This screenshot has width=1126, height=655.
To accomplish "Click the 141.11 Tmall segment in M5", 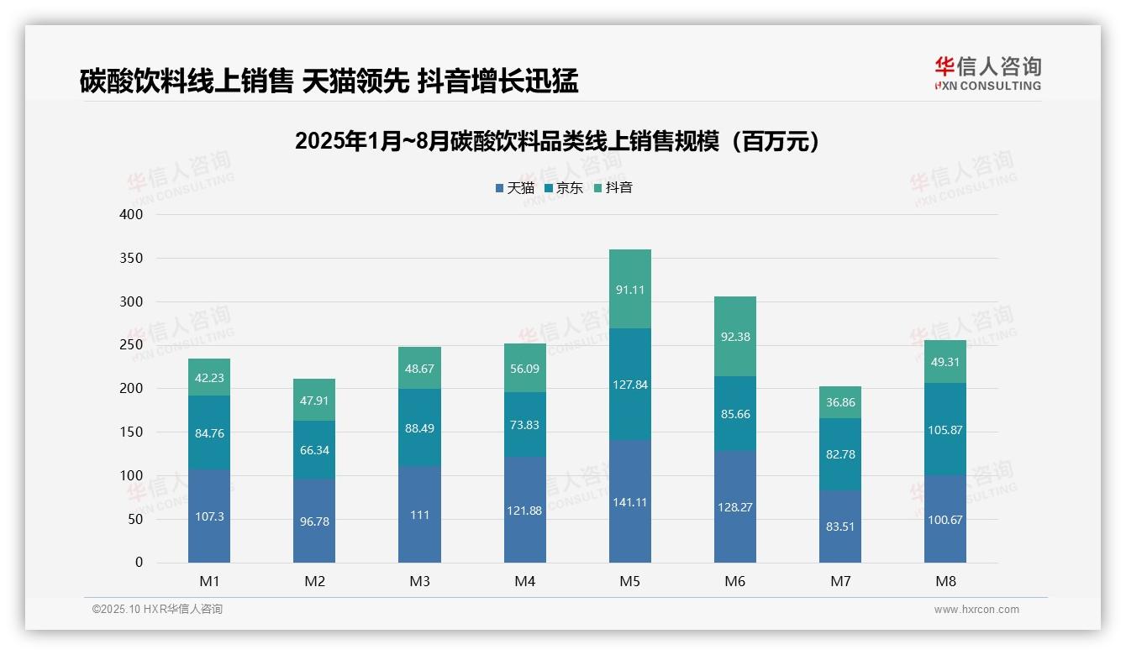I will pyautogui.click(x=629, y=502).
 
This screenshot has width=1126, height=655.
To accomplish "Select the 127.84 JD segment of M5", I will pyautogui.click(x=629, y=385).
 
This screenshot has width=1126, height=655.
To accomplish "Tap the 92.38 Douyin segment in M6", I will pyautogui.click(x=735, y=337).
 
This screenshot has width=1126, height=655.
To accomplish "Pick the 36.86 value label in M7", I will pyautogui.click(x=840, y=403).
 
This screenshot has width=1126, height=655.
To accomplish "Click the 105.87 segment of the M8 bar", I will pyautogui.click(x=945, y=430).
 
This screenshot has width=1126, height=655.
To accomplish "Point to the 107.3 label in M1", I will pyautogui.click(x=209, y=516).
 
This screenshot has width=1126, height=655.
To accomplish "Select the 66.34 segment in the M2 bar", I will pyautogui.click(x=314, y=450).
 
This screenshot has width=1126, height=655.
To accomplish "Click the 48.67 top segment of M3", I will pyautogui.click(x=419, y=369).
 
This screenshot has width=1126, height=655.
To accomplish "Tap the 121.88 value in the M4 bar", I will pyautogui.click(x=524, y=511).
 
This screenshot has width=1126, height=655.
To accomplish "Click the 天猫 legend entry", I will pyautogui.click(x=515, y=188).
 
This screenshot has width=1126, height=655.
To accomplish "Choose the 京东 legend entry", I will pyautogui.click(x=564, y=188).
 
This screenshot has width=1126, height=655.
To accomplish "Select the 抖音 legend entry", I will pyautogui.click(x=613, y=188).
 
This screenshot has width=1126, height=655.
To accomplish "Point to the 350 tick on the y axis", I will pyautogui.click(x=132, y=258).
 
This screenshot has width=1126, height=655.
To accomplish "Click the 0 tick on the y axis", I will pyautogui.click(x=139, y=563).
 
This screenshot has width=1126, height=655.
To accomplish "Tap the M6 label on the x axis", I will pyautogui.click(x=735, y=581).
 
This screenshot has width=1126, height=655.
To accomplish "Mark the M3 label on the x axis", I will pyautogui.click(x=419, y=581).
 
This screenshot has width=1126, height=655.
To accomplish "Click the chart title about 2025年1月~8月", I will pyautogui.click(x=557, y=141).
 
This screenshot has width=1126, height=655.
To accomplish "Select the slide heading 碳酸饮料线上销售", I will pyautogui.click(x=329, y=81).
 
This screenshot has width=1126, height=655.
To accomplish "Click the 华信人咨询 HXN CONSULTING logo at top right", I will pyautogui.click(x=987, y=74).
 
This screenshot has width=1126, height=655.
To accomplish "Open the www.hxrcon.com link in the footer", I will pyautogui.click(x=976, y=610).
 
